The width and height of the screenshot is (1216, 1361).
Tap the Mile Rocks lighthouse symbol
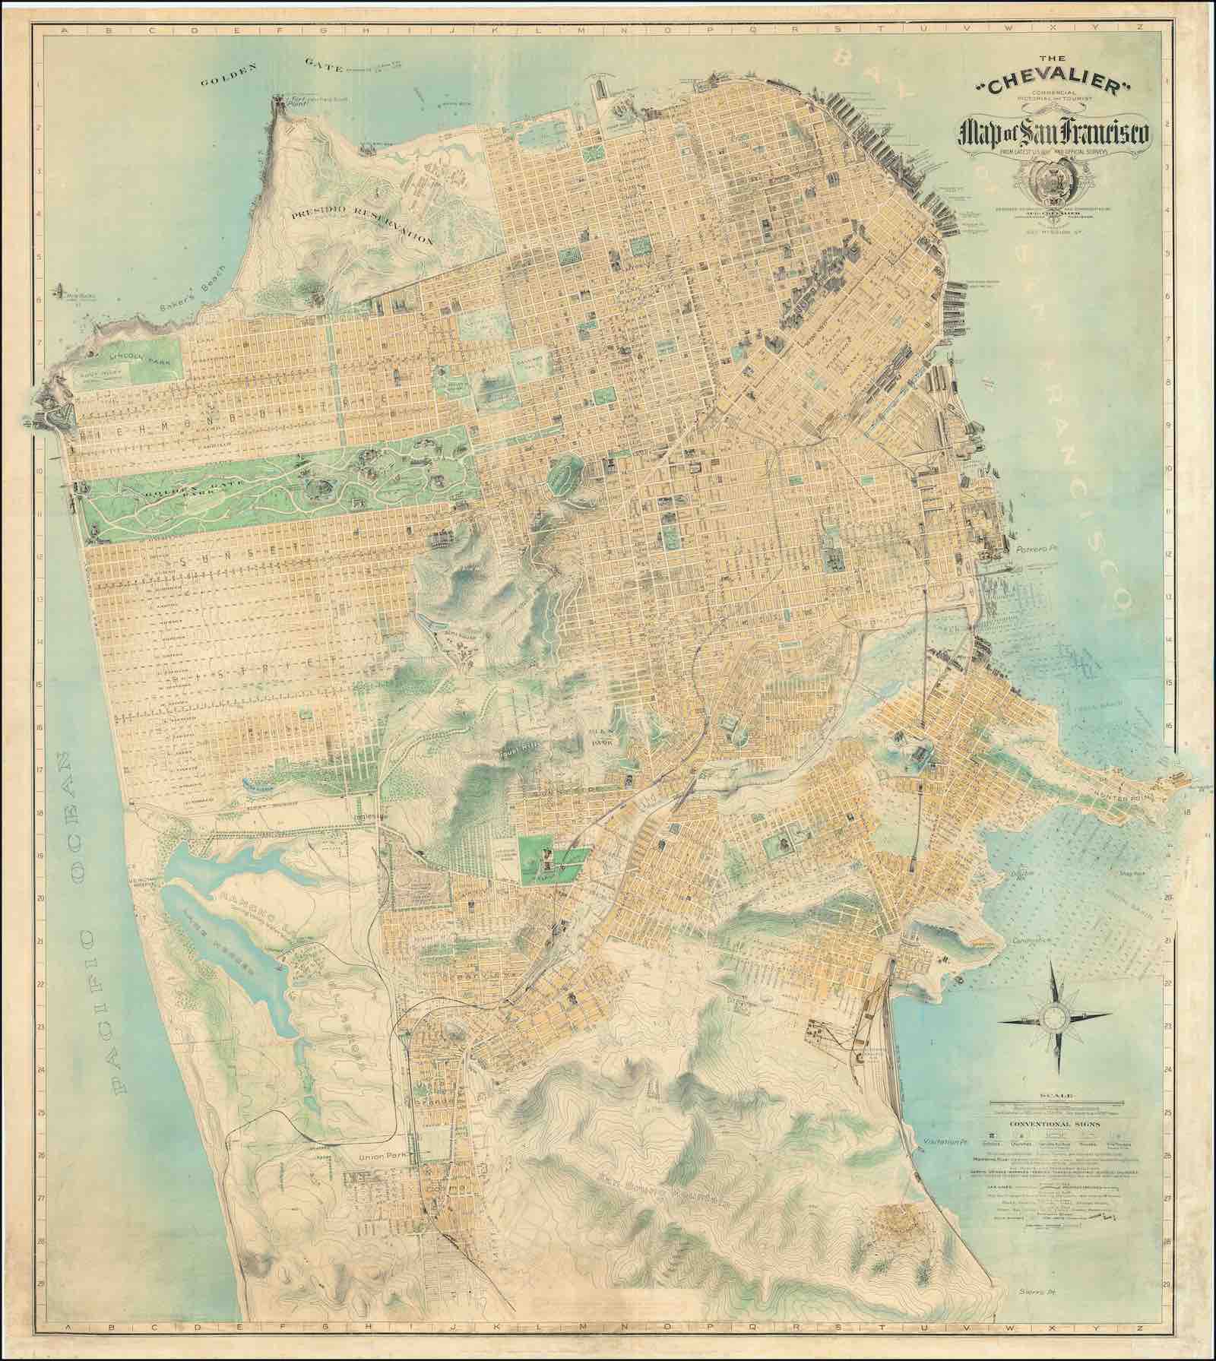coord(61,290)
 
